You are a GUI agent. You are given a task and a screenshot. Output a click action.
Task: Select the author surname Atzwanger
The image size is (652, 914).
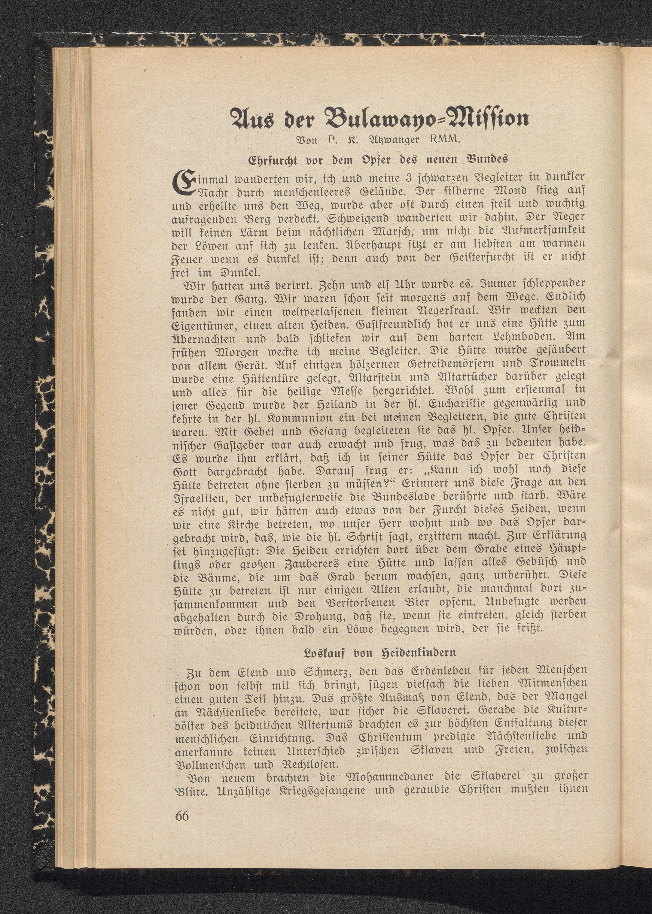[393, 141]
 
